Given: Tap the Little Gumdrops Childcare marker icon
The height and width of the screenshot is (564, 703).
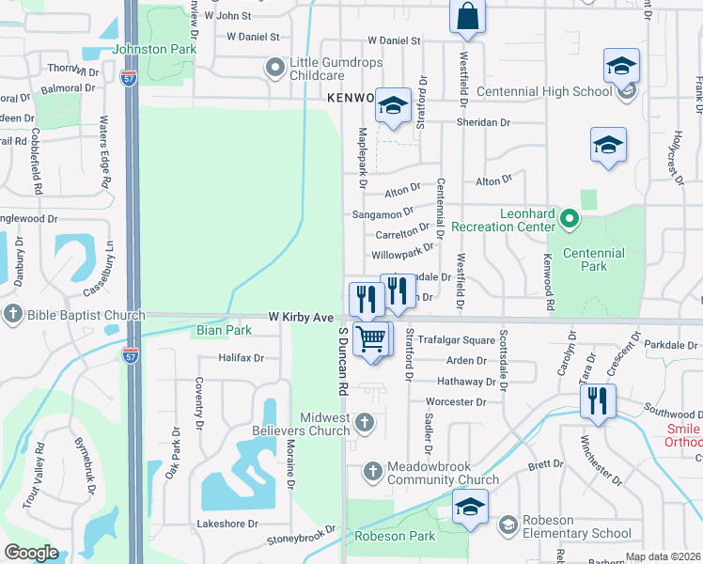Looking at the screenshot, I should coord(275,67).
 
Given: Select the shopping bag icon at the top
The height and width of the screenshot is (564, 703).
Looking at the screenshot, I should coord(467,17).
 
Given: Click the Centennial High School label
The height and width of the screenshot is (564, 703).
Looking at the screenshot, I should coord(544,91).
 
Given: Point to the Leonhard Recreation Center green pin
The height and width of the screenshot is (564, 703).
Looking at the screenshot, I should coord(569,220).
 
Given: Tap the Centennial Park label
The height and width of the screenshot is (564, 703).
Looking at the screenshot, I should coord(593,259).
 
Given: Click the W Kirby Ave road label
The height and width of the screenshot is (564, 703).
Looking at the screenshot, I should coord(301,318).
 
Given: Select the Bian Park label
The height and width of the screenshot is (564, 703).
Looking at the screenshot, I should coord(224,331).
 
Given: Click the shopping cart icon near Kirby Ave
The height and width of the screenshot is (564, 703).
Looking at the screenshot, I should coord(372,338).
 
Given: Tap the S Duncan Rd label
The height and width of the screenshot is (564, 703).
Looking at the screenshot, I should coord(343,361).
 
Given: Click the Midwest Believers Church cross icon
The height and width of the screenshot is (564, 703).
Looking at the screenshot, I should coord(367,425).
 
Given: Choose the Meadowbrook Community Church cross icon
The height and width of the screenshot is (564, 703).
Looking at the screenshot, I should coord(372,469).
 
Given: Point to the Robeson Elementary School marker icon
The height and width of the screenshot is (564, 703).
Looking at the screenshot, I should coord(508,524).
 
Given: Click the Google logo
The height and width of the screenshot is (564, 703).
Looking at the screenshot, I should coord(31,553).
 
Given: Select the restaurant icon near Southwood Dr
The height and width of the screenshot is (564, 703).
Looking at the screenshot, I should coord(598,400).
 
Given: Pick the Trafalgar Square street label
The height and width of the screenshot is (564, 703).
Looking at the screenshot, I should coord(456,339).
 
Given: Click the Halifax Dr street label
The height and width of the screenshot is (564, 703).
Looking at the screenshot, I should coord(241,358).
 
